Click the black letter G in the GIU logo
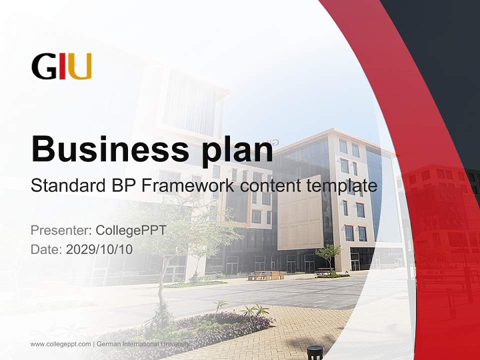pyautogui.click(x=43, y=66)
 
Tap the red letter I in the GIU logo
pyautogui.click(x=62, y=66)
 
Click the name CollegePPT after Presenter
pyautogui.click(x=130, y=230)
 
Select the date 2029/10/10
pyautogui.click(x=99, y=249)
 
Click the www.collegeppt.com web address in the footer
pyautogui.click(x=60, y=344)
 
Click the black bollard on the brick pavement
pyautogui.click(x=314, y=352)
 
